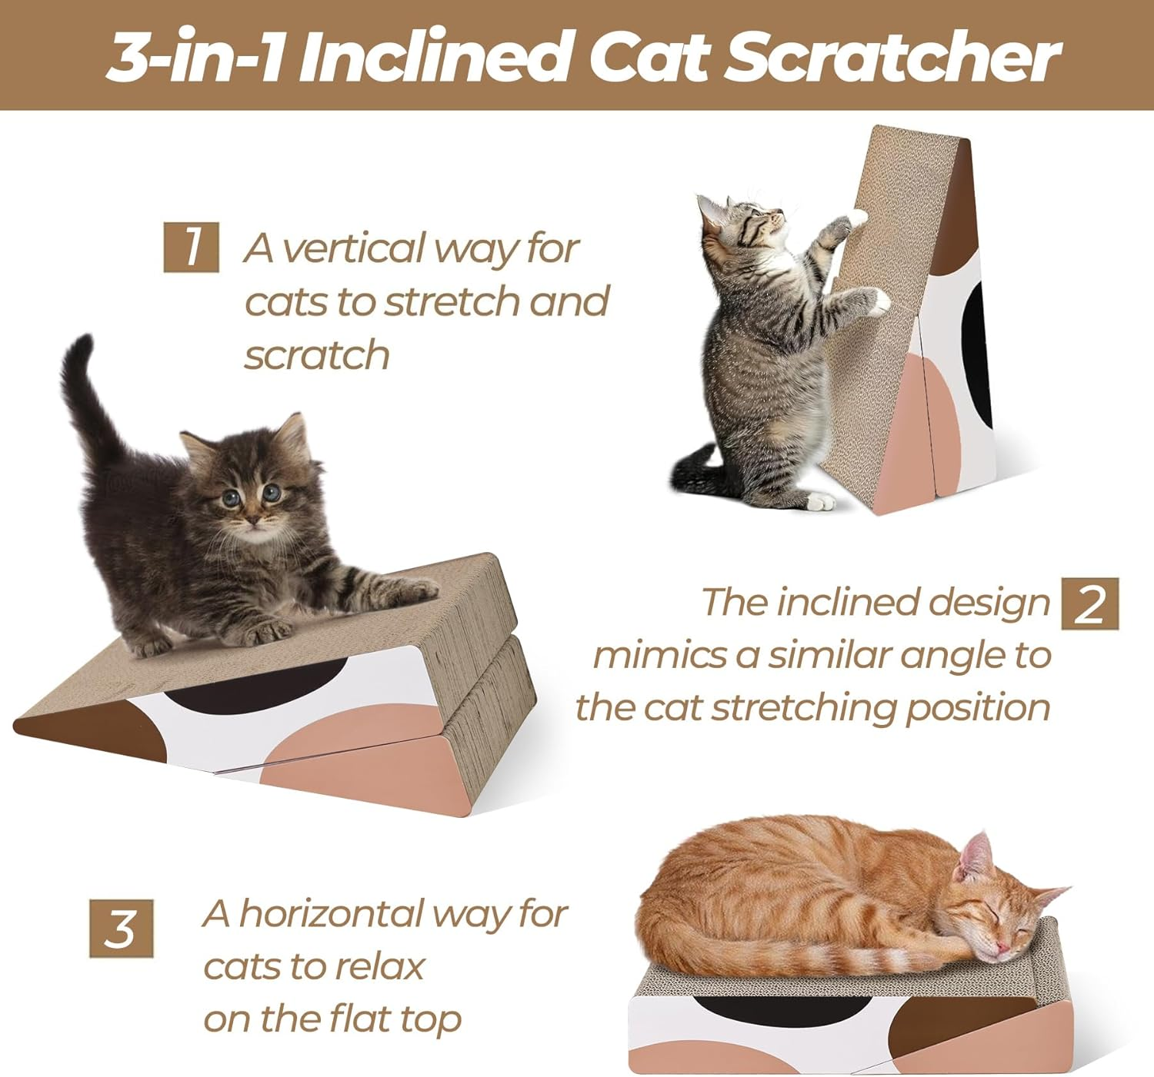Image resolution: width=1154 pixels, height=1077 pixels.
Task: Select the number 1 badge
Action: coord(191,247)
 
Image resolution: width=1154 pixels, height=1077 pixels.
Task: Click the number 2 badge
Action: coord(1089,603)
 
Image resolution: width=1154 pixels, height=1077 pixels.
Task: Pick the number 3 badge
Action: coord(121,928)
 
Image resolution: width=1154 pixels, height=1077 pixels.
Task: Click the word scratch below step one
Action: coord(317,355)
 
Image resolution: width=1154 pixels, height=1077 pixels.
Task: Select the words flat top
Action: coord(395,1019)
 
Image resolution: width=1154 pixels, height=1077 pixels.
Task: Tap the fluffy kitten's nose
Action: coord(252,520)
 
